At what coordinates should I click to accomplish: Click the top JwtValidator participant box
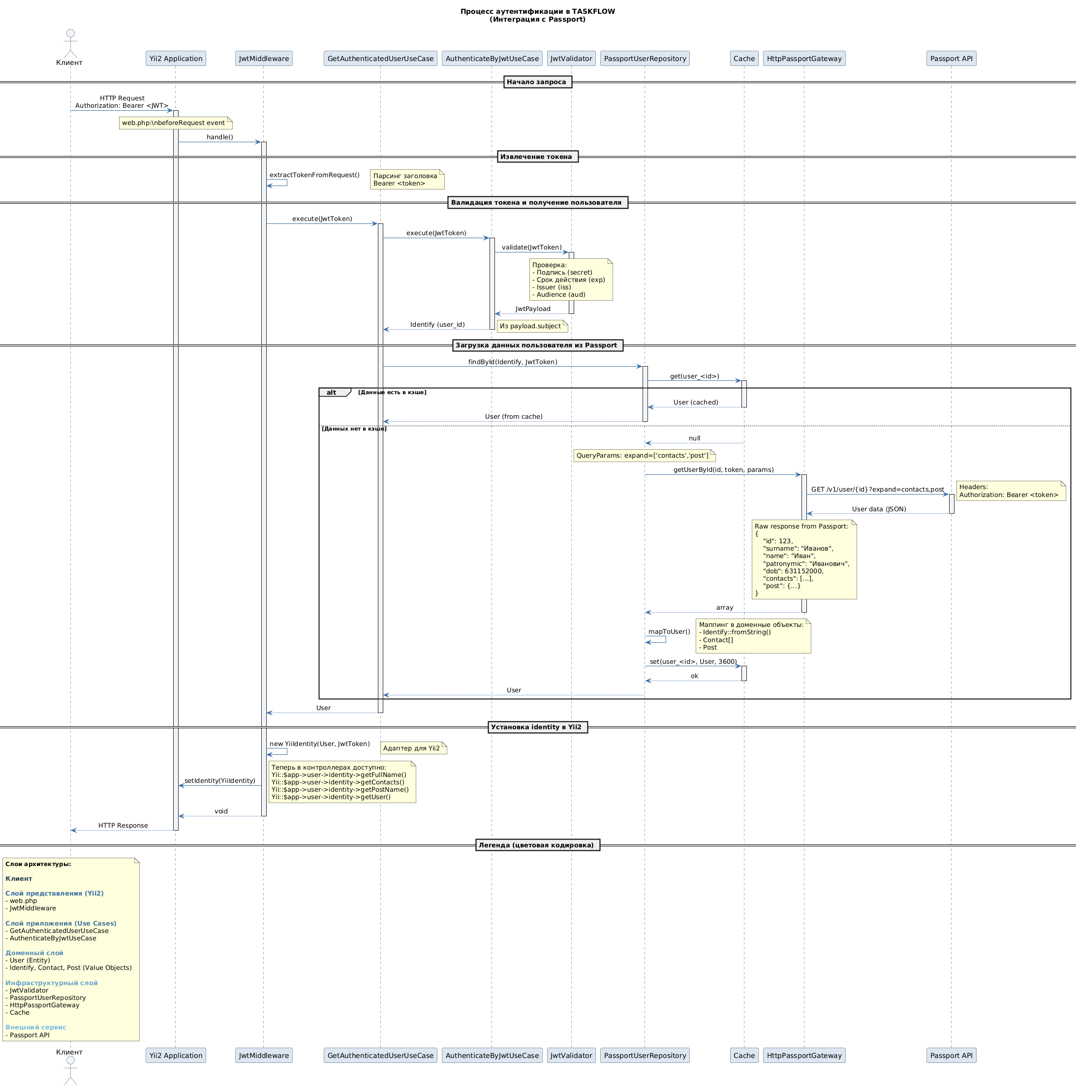coord(571,59)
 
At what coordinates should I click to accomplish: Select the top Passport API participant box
coord(951,59)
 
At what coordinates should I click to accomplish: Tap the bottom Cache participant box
coord(743,1056)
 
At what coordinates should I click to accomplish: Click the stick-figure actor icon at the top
coord(70,42)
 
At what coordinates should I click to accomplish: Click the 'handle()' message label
coord(219,137)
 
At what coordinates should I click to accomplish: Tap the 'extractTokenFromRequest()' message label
coord(314,175)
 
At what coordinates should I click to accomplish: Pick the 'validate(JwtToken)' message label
coord(531,247)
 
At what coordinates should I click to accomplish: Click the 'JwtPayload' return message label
coord(532,309)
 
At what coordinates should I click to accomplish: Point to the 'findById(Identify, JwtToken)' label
coord(512,362)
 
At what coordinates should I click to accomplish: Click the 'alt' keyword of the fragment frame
coord(332,393)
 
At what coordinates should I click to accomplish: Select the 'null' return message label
coord(694,438)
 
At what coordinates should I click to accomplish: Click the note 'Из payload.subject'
coord(531,326)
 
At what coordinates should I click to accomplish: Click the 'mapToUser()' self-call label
coord(669,632)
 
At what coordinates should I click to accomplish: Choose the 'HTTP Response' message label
coord(123,826)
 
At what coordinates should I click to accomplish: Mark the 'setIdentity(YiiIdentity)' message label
coord(219,780)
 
